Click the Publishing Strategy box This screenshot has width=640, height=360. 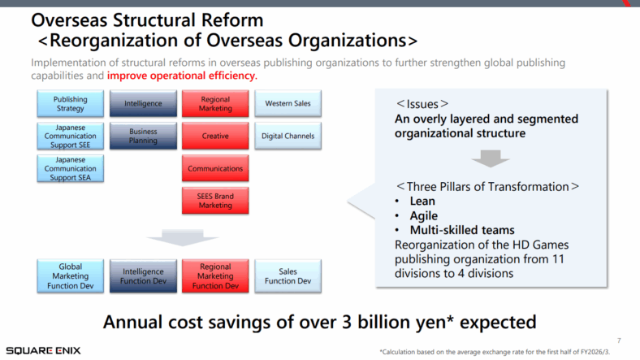tap(70, 104)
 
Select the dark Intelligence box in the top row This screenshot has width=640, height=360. tap(143, 104)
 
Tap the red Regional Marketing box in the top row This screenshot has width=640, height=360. tap(215, 104)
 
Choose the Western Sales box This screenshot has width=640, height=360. tap(288, 104)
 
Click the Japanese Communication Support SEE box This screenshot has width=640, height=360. tap(70, 137)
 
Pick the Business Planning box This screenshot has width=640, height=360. tap(143, 137)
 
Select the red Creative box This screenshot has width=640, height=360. tap(215, 137)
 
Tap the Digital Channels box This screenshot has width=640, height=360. tap(288, 137)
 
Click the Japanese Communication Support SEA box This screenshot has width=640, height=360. tap(70, 168)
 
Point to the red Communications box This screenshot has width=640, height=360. tap(215, 168)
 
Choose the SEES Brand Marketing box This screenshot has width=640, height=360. tap(215, 201)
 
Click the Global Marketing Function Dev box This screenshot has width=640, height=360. tap(70, 276)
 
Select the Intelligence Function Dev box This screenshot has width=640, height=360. tap(143, 276)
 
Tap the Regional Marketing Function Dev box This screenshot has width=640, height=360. tap(215, 276)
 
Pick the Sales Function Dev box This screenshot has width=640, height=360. tap(288, 276)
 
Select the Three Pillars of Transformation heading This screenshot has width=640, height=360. tap(487, 186)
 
